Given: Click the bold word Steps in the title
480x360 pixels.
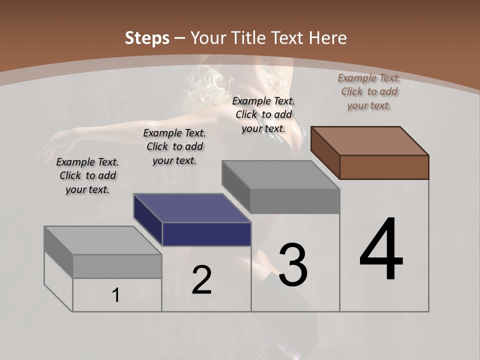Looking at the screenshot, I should (147, 38).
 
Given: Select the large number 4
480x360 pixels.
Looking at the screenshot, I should (381, 249).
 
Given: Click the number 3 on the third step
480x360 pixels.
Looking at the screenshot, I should (293, 265).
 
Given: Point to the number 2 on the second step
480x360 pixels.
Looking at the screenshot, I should (202, 280).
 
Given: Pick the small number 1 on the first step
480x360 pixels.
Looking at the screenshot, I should (116, 295).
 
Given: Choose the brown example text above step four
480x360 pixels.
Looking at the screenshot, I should (369, 91).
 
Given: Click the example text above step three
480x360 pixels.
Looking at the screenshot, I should (263, 114).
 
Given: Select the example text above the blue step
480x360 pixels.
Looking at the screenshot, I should (174, 146).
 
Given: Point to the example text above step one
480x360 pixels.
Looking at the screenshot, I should (87, 175).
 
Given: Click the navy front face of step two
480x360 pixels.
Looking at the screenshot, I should (206, 234).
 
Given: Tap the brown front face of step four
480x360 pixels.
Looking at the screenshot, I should (384, 167).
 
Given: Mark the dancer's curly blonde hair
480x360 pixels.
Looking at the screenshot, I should (202, 85).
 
